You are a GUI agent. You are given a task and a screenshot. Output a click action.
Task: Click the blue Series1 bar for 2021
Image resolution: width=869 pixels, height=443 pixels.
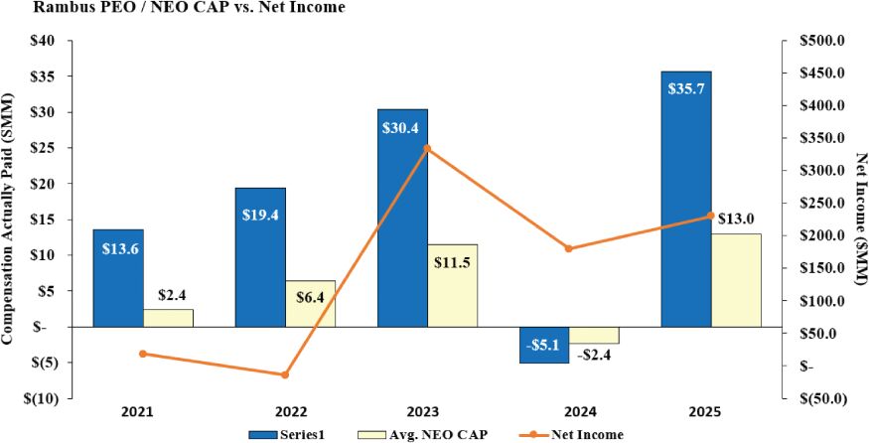pos(118,278)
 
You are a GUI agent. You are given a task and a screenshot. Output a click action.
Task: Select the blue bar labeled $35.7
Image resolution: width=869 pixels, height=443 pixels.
pos(686,199)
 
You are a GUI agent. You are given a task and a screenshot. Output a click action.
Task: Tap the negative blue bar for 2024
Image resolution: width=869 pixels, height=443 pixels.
pos(543,345)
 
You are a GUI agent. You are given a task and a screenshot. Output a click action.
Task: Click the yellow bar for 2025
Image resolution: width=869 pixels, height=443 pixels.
pos(737,280)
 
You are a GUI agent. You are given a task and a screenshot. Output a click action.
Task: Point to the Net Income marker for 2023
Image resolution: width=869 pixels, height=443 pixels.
pos(427,149)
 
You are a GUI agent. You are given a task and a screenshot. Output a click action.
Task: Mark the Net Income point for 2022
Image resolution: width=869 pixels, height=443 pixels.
pos(285,374)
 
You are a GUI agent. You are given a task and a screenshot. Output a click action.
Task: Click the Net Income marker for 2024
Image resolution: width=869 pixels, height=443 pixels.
pos(569,248)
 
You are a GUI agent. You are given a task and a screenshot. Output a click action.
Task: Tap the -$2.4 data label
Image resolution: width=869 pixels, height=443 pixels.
pos(594,356)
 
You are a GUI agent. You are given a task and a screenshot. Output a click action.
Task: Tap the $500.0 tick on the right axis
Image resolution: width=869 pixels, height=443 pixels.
pos(820,41)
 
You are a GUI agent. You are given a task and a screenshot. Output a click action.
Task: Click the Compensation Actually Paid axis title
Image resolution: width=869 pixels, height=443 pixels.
pos(7,219)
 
